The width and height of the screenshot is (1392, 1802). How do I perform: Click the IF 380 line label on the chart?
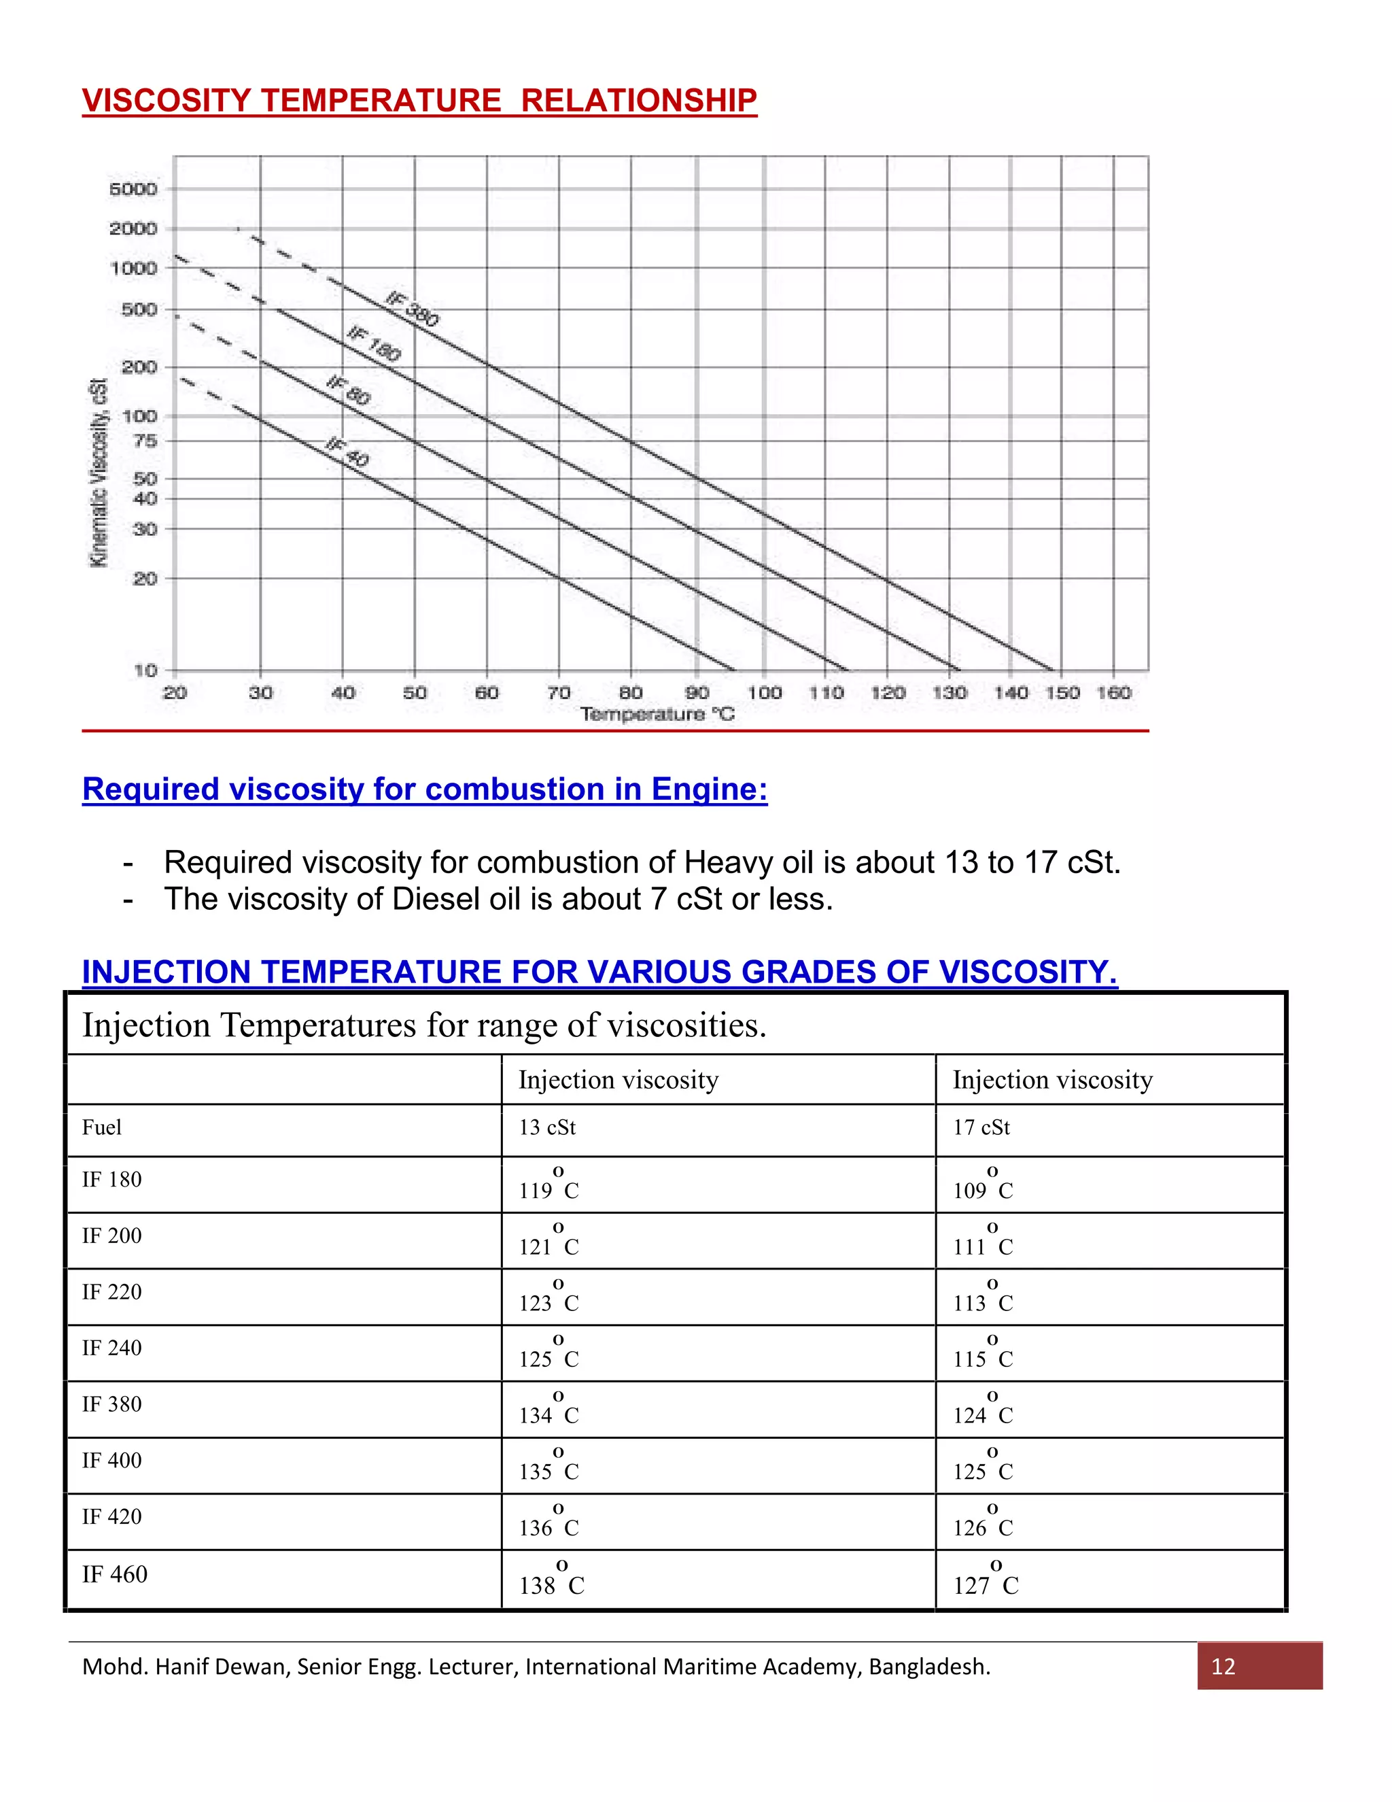pyautogui.click(x=413, y=309)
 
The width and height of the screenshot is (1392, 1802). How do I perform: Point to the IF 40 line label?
pyautogui.click(x=347, y=452)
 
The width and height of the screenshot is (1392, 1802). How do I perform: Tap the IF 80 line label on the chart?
pyautogui.click(x=348, y=390)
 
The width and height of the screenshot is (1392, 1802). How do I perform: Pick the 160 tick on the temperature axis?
pyautogui.click(x=1113, y=692)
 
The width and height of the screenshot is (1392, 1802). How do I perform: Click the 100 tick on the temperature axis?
pyautogui.click(x=765, y=692)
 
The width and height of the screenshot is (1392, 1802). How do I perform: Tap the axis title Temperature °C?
pyautogui.click(x=657, y=714)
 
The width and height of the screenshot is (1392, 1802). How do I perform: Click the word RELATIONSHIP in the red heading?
pyautogui.click(x=638, y=101)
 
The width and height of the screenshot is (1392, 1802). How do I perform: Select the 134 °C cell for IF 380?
pyautogui.click(x=549, y=1409)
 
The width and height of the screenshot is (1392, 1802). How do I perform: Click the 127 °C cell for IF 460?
pyautogui.click(x=986, y=1579)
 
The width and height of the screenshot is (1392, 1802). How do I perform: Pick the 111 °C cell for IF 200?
pyautogui.click(x=983, y=1241)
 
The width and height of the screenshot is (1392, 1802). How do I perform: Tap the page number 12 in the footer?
pyautogui.click(x=1223, y=1667)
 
